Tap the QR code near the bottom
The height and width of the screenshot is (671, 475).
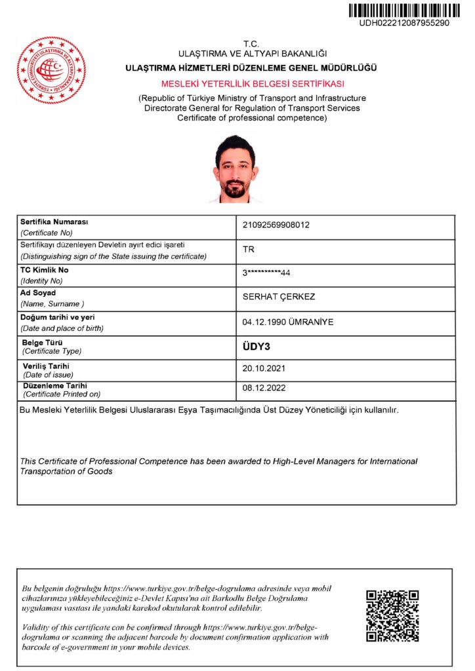click(x=392, y=615)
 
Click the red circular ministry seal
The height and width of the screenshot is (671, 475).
click(x=51, y=69)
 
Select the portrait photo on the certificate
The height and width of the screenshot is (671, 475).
click(x=234, y=169)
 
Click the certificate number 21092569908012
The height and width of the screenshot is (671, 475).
click(x=276, y=225)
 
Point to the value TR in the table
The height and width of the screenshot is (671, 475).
click(x=249, y=250)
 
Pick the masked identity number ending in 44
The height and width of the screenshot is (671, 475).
click(x=266, y=273)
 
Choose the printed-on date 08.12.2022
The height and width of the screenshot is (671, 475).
click(x=264, y=388)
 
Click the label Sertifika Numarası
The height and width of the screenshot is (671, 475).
click(x=54, y=222)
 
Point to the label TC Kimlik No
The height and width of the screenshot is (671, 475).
click(x=45, y=270)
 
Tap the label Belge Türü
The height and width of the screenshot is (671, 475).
click(x=43, y=343)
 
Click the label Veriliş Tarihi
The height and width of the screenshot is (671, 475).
click(x=46, y=366)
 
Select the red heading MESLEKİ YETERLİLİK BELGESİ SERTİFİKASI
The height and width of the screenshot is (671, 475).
click(x=253, y=84)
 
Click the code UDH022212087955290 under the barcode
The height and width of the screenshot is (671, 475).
click(x=403, y=23)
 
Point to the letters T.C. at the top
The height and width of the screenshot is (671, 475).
click(x=252, y=44)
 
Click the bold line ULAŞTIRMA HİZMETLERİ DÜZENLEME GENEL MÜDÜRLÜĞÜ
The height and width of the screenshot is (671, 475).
click(x=251, y=68)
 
